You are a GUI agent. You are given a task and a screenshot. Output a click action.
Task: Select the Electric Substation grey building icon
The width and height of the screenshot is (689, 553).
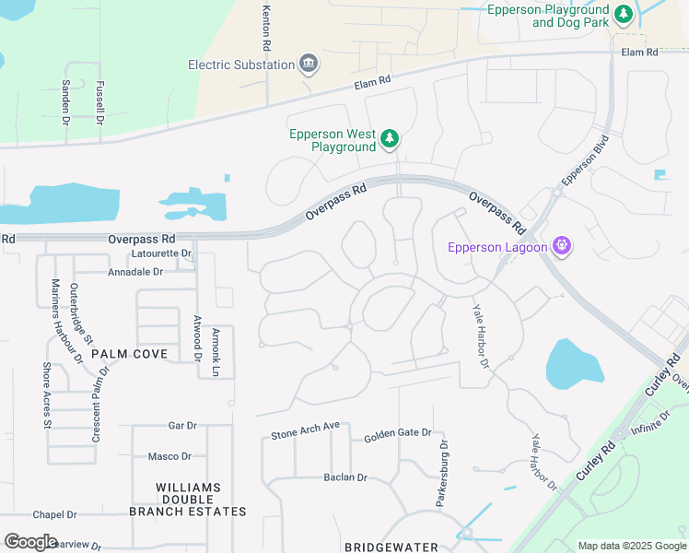(x=309, y=64)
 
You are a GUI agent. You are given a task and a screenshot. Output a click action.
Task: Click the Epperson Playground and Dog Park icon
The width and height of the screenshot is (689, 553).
(x=624, y=15)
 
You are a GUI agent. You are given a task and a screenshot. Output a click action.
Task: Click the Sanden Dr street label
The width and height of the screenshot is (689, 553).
(x=65, y=101)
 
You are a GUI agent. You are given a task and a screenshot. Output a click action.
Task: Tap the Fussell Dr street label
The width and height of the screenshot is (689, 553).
(x=99, y=100)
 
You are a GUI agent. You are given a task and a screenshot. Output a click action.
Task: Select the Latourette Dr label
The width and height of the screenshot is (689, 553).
(x=161, y=253)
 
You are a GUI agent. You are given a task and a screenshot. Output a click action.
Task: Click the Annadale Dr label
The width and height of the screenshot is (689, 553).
(x=134, y=272)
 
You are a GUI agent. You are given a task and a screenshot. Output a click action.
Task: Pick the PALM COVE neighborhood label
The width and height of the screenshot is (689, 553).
(x=129, y=354)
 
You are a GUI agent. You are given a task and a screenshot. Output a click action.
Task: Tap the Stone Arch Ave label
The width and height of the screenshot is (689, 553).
(x=306, y=429)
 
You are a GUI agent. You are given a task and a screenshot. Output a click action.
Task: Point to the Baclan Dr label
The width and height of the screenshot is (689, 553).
(x=345, y=477)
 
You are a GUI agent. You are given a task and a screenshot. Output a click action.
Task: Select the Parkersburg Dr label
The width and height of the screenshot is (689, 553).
(x=442, y=473)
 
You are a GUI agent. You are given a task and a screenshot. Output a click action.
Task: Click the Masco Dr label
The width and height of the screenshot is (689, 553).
(x=169, y=456)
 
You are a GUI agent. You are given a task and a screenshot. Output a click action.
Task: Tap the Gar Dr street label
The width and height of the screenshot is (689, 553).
(x=182, y=426)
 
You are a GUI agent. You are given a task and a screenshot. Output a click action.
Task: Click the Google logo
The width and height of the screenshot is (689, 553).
(x=31, y=542)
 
